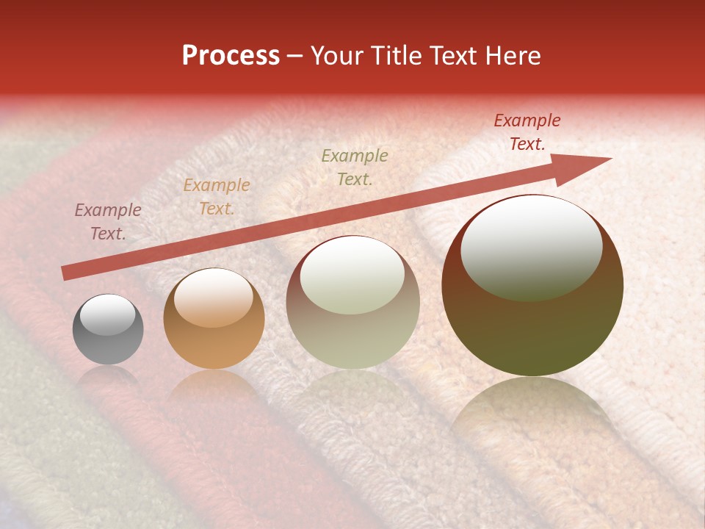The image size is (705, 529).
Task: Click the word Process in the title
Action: click(231, 56)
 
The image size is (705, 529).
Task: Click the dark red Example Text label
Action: click(527, 132)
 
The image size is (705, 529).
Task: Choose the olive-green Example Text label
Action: click(355, 168)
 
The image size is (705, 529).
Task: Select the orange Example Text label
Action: click(217, 197)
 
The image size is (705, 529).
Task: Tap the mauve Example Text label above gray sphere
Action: click(108, 222)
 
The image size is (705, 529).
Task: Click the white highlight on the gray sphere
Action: click(107, 314)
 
